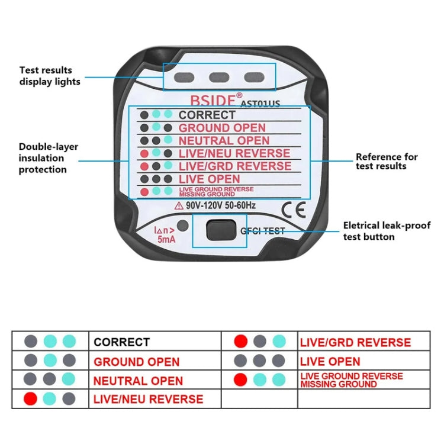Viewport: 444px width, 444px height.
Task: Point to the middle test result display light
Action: [x=220, y=76]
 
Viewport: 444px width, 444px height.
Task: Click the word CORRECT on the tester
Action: [x=207, y=115]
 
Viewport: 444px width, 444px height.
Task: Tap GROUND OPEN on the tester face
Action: [x=222, y=128]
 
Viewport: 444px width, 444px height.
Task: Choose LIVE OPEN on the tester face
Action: [x=209, y=179]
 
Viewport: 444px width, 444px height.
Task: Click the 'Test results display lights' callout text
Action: [x=50, y=76]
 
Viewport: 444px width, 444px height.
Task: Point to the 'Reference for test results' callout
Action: [x=387, y=161]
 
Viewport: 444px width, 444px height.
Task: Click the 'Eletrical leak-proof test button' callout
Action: [x=387, y=231]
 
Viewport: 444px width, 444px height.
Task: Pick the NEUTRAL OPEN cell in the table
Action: [x=138, y=381]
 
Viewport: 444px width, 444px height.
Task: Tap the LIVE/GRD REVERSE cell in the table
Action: [x=355, y=342]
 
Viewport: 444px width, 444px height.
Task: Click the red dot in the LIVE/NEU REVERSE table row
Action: [x=30, y=399]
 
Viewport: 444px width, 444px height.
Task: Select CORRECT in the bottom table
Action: [x=122, y=342]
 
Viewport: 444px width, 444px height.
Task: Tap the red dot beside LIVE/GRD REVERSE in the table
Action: [x=240, y=342]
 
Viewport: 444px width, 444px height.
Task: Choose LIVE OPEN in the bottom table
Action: [x=330, y=361]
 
